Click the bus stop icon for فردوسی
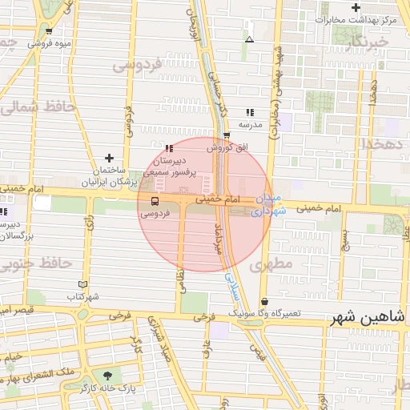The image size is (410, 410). tap(155, 201)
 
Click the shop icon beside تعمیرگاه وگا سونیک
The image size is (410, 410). tap(264, 302)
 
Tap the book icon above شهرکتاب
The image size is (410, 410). tap(82, 284)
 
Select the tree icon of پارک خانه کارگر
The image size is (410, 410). tap(107, 375)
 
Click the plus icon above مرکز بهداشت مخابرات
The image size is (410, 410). tap(355, 7)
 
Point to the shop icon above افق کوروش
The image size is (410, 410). tap(227, 135)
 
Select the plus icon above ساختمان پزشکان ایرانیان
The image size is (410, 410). tap(110, 159)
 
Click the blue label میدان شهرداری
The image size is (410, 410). tap(266, 205)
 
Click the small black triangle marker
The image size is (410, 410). tap(249, 38)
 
